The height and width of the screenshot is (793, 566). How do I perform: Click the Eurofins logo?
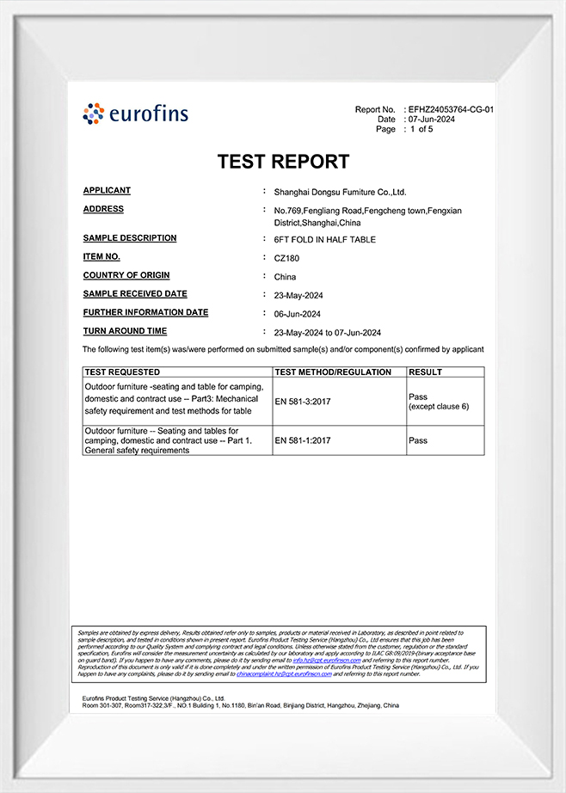pyautogui.click(x=135, y=114)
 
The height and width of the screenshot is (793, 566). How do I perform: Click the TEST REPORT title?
pyautogui.click(x=283, y=162)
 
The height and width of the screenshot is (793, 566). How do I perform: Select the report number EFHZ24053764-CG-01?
pyautogui.click(x=451, y=110)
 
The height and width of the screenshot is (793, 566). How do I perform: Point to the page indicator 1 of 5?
pyautogui.click(x=421, y=129)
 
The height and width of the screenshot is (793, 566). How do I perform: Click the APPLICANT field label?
pyautogui.click(x=107, y=191)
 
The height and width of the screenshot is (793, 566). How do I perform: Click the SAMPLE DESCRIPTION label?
pyautogui.click(x=130, y=238)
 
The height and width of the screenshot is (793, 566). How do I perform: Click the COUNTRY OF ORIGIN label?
pyautogui.click(x=126, y=275)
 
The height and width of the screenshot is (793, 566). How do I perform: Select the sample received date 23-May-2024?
pyautogui.click(x=298, y=295)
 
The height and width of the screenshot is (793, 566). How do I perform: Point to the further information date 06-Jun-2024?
pyautogui.click(x=298, y=314)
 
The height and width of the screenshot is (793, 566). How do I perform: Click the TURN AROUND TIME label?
pyautogui.click(x=125, y=331)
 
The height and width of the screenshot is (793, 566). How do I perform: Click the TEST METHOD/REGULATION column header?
pyautogui.click(x=334, y=372)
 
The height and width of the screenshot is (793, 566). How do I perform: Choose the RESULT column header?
pyautogui.click(x=426, y=372)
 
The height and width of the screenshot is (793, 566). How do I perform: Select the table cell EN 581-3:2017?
pyautogui.click(x=303, y=401)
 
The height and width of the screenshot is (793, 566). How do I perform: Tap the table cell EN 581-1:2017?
pyautogui.click(x=303, y=440)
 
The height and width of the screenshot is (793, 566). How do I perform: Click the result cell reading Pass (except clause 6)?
pyautogui.click(x=438, y=401)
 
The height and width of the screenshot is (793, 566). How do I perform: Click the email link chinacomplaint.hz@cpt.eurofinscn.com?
pyautogui.click(x=284, y=674)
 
